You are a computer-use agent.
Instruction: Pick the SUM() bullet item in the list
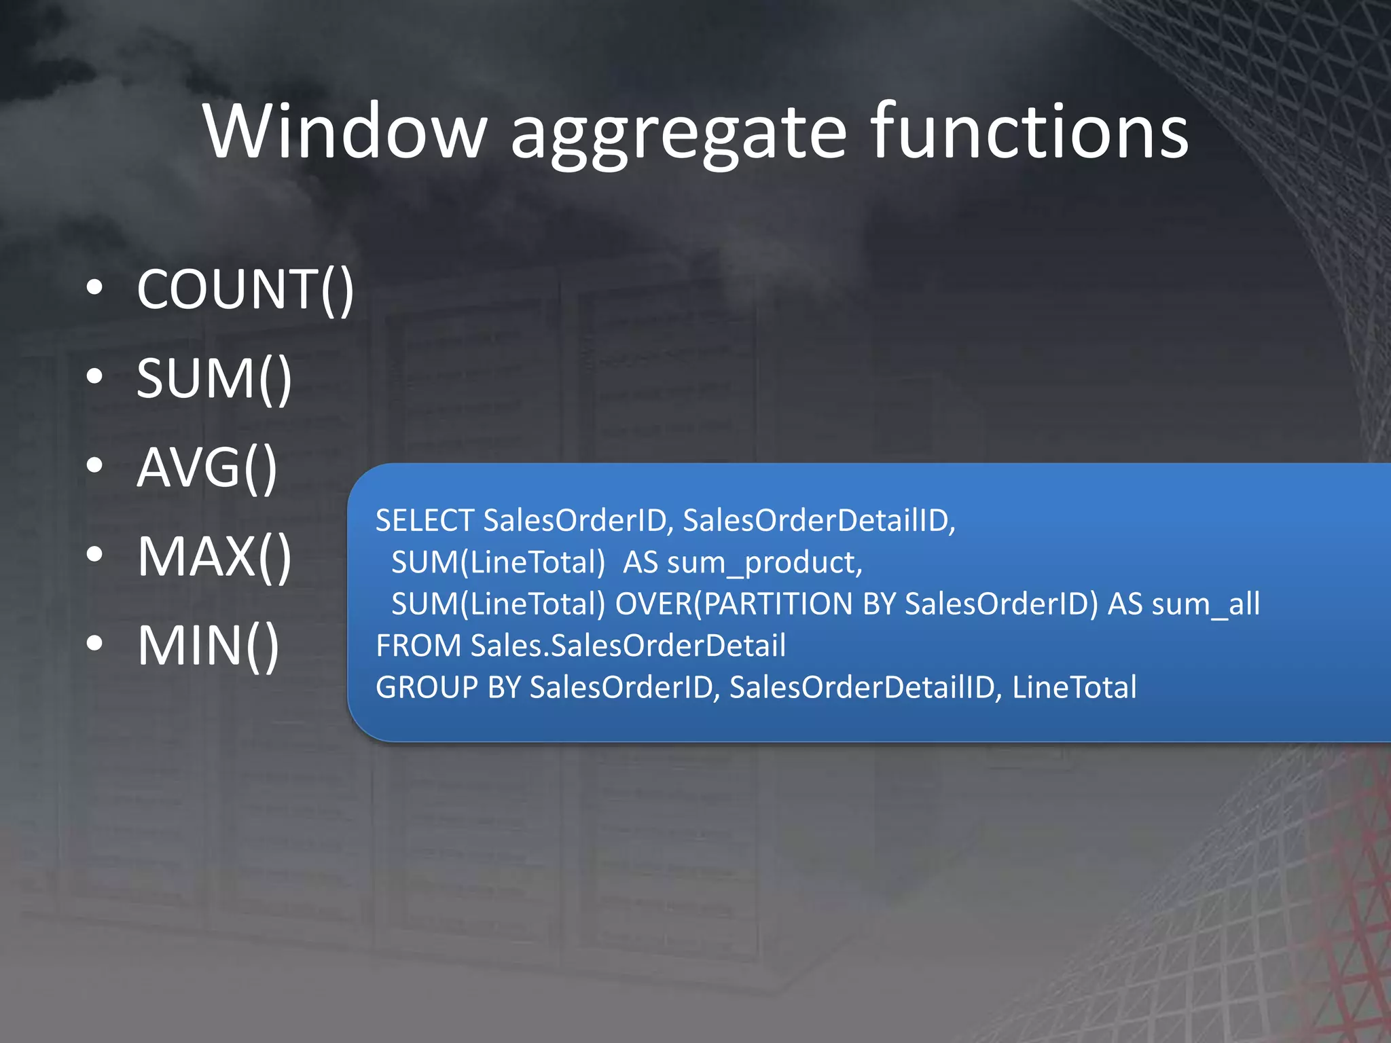214,379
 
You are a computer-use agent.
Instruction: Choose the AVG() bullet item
207,468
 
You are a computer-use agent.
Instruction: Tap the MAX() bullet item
214,557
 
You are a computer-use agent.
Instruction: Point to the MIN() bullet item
208,646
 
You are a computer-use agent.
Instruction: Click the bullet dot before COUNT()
95,287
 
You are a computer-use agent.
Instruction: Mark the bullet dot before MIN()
95,643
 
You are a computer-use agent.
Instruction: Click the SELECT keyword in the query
424,521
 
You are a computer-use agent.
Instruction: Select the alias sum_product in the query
764,564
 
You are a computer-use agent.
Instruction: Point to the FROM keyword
418,646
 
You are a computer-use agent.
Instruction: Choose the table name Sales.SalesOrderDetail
628,646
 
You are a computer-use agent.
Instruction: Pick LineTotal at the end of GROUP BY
1074,687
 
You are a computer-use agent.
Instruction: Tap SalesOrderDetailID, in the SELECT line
819,521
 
